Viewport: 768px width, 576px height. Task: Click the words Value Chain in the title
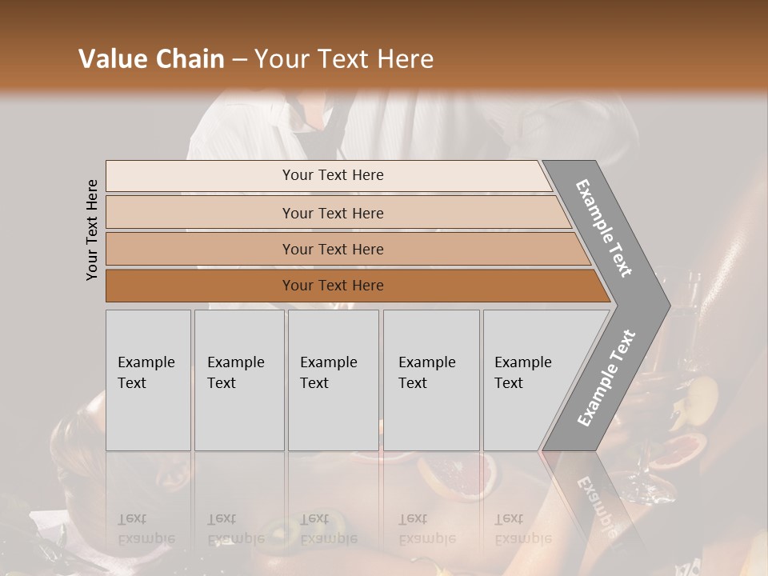coord(151,59)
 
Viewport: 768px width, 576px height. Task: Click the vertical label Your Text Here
coord(92,230)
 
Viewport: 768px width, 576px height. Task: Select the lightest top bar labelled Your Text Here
coord(333,175)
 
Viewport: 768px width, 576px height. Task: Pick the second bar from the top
coord(333,213)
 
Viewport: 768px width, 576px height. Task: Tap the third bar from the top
coord(333,249)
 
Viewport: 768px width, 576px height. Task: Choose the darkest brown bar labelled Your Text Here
coord(333,286)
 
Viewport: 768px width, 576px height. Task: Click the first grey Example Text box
coord(148,380)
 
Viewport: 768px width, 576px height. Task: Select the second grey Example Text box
coord(239,380)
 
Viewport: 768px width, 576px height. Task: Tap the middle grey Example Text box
coord(333,380)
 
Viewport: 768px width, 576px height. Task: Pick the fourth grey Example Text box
coord(431,380)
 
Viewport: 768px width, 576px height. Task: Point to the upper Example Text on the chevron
coord(605,228)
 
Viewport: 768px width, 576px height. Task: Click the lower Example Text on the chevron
coord(606,378)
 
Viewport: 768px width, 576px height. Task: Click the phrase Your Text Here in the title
coord(344,59)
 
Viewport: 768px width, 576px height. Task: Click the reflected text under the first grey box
coord(147,528)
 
